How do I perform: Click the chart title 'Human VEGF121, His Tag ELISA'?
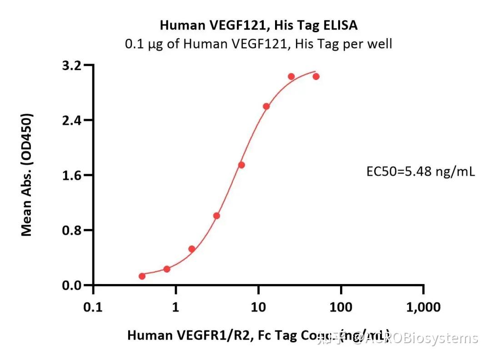pos(258,25)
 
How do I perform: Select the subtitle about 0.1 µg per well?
pos(258,44)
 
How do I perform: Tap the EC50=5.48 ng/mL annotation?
pos(421,172)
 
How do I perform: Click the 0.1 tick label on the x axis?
pos(93,308)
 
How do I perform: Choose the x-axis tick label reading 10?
pos(258,308)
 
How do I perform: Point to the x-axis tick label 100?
pos(341,308)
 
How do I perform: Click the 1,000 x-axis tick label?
pos(423,308)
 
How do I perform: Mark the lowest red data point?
pos(142,276)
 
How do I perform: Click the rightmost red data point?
pos(316,76)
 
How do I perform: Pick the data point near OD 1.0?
pos(217,215)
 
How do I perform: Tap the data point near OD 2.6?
pos(266,106)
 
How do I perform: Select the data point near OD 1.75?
pos(241,165)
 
